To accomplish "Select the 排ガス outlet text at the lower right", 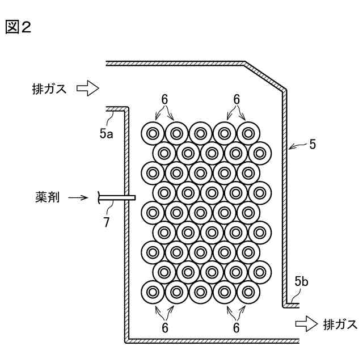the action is [340, 324].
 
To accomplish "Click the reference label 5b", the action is [302, 281].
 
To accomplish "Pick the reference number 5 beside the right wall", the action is [313, 145].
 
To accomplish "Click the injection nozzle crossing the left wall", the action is [117, 197].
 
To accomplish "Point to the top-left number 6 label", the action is [164, 98].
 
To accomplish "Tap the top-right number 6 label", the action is [237, 98].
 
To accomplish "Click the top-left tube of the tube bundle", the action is [153, 133].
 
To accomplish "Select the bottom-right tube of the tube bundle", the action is [248, 293].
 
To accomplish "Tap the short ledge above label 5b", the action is [291, 305].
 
